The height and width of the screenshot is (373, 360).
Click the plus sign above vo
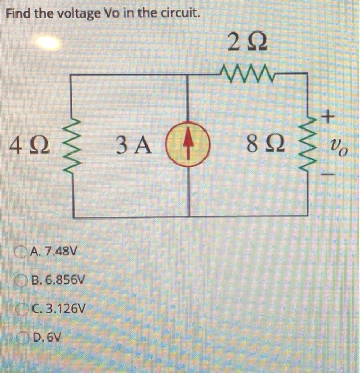tap(330, 114)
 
